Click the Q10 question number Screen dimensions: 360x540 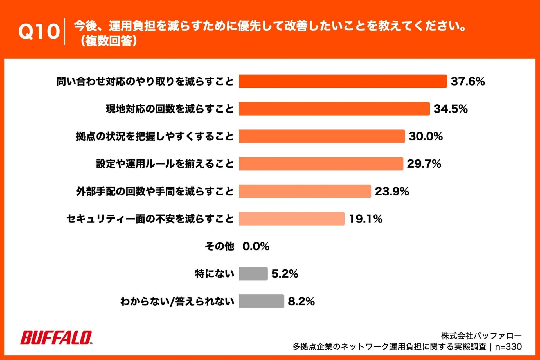click(39, 31)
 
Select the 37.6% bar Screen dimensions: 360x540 click(343, 81)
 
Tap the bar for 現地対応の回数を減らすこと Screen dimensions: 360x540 click(334, 109)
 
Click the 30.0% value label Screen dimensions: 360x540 click(426, 136)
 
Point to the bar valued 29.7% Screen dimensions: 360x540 click(321, 164)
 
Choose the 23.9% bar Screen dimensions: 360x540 click(305, 191)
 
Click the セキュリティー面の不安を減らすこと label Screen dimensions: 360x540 click(150, 219)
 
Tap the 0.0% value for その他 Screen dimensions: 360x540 click(256, 246)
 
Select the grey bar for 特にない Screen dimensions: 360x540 click(253, 274)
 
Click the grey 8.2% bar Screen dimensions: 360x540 click(261, 301)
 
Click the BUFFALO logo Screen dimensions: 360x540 click(56, 338)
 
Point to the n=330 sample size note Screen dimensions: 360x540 click(508, 347)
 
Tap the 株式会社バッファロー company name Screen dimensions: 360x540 click(481, 336)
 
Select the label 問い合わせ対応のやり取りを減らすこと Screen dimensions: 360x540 click(145, 82)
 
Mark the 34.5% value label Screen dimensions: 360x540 click(450, 109)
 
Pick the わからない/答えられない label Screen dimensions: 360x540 click(177, 301)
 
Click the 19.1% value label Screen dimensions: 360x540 click(365, 219)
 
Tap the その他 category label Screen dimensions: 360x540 click(219, 246)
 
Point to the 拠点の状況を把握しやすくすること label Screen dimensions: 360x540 click(155, 136)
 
